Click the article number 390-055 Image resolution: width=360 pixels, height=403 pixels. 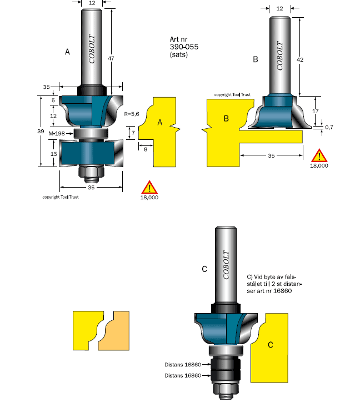(184, 47)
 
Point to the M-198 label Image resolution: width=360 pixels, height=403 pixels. (56, 134)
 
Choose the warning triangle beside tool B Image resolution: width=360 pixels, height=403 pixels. (319, 156)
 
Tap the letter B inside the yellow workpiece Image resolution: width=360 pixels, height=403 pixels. (226, 118)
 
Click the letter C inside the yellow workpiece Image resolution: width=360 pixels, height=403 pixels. (270, 345)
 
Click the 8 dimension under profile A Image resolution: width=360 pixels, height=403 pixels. (145, 149)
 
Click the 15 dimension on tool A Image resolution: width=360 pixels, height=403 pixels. (54, 153)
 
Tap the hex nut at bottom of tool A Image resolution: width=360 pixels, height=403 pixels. (91, 173)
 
